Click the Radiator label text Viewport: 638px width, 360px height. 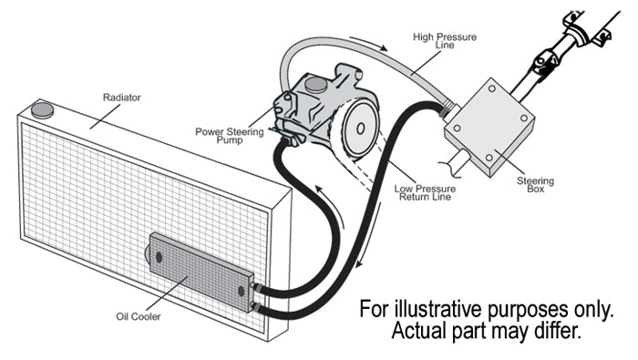point(121,98)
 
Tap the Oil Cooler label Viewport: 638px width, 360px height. point(139,316)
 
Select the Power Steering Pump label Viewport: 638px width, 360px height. point(230,136)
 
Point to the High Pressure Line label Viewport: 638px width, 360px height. point(445,41)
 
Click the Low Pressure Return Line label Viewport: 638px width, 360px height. point(425,193)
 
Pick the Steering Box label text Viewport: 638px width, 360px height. point(536,185)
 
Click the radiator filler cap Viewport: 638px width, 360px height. point(42,110)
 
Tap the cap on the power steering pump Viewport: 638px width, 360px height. point(315,85)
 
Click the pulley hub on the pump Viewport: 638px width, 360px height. point(361,129)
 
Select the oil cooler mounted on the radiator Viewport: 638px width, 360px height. point(201,272)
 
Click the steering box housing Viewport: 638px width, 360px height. point(489,127)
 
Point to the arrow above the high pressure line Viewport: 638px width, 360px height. point(369,43)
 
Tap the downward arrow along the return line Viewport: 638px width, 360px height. point(369,236)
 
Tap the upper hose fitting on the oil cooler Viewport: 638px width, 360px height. point(255,287)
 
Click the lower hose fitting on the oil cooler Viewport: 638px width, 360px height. point(254,307)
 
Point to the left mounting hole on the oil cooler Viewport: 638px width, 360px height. point(159,257)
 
